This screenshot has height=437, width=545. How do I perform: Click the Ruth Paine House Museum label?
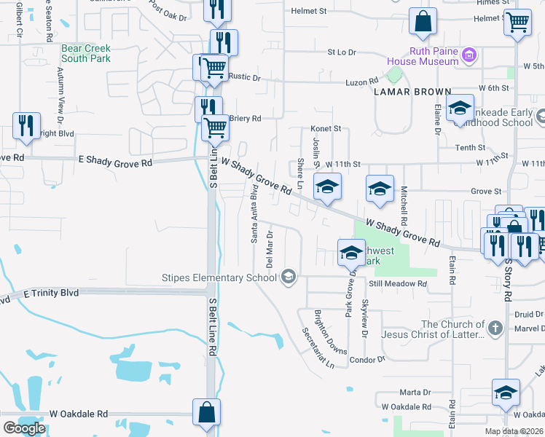(x=423, y=57)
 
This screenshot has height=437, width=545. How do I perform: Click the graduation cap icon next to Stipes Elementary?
(x=289, y=276)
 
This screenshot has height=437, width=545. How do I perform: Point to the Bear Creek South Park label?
(x=85, y=53)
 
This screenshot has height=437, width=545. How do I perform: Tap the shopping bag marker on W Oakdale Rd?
(x=207, y=412)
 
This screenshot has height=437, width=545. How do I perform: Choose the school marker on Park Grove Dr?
(x=351, y=253)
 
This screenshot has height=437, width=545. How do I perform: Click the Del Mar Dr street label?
(x=269, y=249)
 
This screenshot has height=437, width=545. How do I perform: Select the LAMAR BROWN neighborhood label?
(x=407, y=92)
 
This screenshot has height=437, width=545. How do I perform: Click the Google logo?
(x=24, y=428)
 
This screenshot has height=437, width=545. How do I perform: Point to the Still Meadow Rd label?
(x=397, y=283)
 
